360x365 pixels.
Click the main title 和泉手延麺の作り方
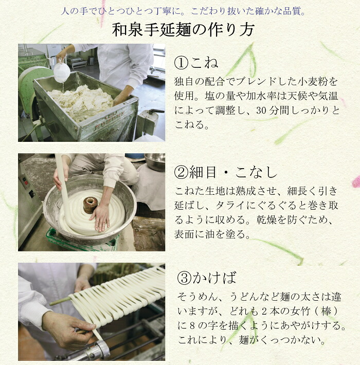183,30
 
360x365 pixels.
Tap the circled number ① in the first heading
181,63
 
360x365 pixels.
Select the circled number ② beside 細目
181,173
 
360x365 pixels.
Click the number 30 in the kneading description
261,111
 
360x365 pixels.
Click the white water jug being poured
62,72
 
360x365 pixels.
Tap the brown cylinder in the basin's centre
91,205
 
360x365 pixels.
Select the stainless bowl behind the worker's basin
155,161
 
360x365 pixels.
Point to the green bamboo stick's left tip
50,304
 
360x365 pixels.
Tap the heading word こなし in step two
256,173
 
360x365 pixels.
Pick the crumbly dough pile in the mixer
80,101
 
